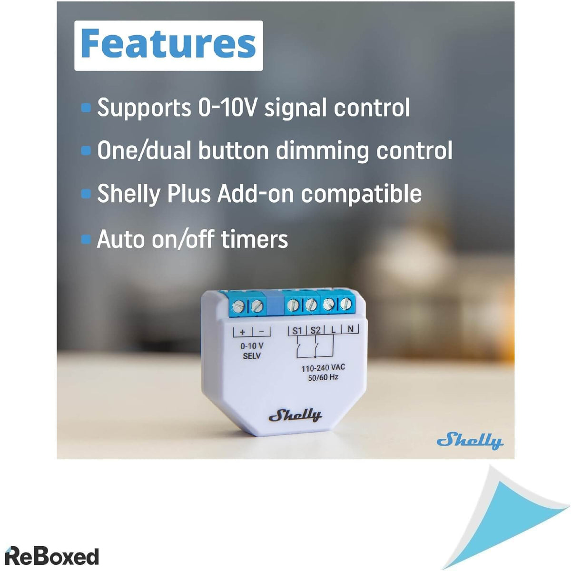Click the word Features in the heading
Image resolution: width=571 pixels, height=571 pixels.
coord(168,44)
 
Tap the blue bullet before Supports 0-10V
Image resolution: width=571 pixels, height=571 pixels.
coord(86,108)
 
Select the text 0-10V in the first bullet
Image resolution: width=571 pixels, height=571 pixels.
coord(227,108)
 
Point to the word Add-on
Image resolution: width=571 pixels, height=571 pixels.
coord(256,194)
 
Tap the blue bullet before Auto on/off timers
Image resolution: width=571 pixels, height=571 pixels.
coord(86,239)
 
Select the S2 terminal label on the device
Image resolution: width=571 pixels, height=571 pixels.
coord(315,330)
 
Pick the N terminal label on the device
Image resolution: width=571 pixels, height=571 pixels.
coord(351,328)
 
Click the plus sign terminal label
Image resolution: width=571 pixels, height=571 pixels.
coord(242,332)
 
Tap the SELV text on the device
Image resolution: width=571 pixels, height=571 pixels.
coord(252,356)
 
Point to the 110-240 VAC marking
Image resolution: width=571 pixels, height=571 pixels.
coord(323,368)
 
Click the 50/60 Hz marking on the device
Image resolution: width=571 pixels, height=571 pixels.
coord(324,378)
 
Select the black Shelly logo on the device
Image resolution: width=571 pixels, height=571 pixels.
coord(295,415)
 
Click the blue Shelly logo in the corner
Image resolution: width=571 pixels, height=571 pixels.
coord(470,441)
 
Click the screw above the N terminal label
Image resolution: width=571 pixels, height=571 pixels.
coord(345,304)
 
